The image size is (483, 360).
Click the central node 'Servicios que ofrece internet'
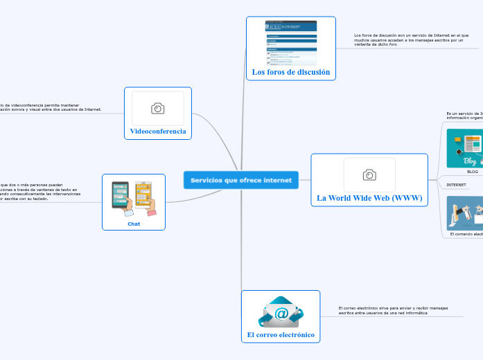coord(241,180)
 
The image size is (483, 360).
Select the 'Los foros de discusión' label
coord(290,72)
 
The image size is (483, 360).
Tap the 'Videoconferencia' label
coord(158,131)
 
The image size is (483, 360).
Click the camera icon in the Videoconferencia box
coord(158,108)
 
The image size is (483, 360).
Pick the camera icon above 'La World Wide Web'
coord(369,174)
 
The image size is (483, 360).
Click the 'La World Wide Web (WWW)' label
coord(369,198)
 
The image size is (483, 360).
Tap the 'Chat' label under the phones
coord(134,224)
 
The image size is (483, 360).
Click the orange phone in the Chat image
coord(143,195)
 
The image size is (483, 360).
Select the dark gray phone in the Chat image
coord(120,194)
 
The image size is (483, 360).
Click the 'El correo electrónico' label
coord(281,335)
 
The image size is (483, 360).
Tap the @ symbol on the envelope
coord(281,314)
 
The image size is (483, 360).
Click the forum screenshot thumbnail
coord(291,42)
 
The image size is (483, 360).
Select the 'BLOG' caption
coord(472,171)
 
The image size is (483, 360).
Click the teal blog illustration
coord(465,148)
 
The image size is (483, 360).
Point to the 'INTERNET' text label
coord(456,185)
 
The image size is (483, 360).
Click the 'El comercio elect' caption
coord(466,234)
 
